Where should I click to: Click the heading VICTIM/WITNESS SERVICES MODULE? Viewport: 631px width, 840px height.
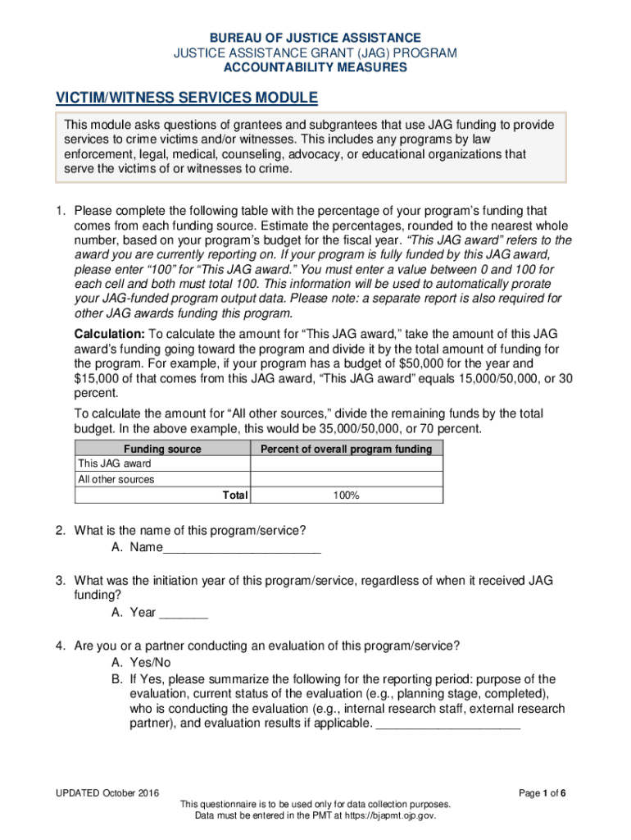tap(186, 98)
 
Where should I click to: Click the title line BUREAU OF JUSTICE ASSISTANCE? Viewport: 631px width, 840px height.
tap(315, 39)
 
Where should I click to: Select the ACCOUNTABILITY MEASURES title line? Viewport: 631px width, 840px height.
tap(315, 67)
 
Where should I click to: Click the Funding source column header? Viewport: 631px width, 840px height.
tap(162, 449)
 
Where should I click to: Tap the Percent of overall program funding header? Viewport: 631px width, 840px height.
tap(345, 449)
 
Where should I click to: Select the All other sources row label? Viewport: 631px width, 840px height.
tap(116, 480)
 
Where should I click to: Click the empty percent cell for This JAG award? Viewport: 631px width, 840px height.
tap(345, 464)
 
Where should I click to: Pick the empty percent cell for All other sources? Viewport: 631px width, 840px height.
tap(345, 480)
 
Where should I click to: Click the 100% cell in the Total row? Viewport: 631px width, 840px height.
tap(345, 495)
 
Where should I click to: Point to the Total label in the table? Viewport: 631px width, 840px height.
tap(234, 495)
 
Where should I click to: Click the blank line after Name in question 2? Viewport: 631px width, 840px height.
tap(242, 550)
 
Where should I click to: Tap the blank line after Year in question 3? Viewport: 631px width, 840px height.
tap(184, 614)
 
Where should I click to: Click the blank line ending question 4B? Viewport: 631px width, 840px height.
tap(447, 725)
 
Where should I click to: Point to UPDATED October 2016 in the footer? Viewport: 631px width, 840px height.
tap(107, 793)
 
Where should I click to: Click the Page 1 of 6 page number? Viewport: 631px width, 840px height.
tap(542, 793)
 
